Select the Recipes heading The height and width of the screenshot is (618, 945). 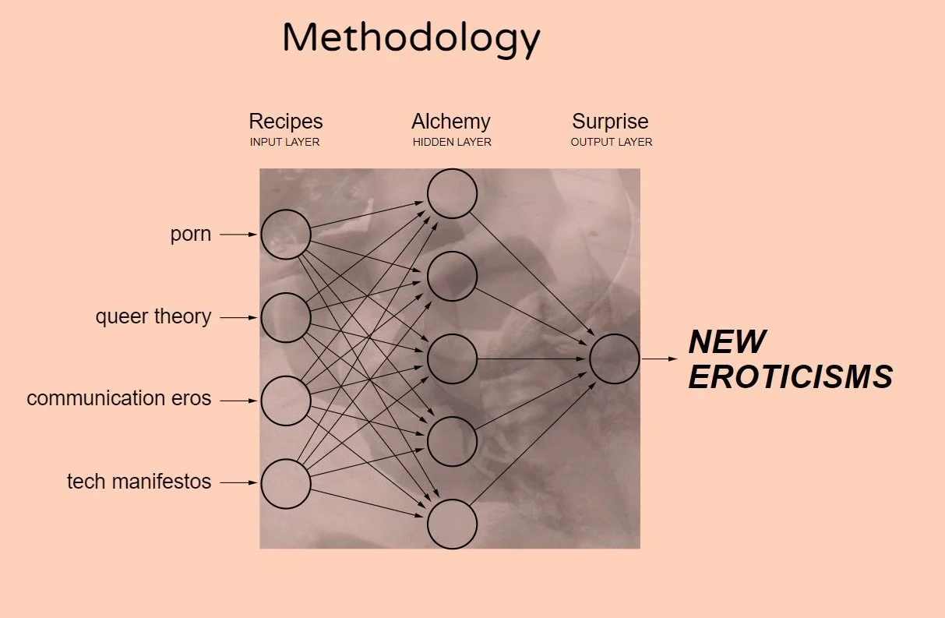pyautogui.click(x=285, y=122)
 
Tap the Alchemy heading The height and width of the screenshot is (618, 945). pyautogui.click(x=451, y=122)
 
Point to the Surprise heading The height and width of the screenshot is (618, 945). pyautogui.click(x=610, y=122)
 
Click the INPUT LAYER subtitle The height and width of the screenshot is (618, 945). pyautogui.click(x=285, y=143)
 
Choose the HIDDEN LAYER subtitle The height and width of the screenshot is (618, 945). pyautogui.click(x=452, y=143)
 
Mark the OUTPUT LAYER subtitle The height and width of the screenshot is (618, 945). pyautogui.click(x=612, y=143)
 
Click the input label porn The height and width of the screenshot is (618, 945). pyautogui.click(x=191, y=234)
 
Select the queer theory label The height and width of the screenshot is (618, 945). pyautogui.click(x=153, y=317)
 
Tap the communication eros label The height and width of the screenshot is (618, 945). pyautogui.click(x=119, y=399)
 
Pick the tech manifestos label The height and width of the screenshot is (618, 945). pyautogui.click(x=139, y=482)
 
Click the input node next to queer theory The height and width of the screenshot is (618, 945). pyautogui.click(x=286, y=317)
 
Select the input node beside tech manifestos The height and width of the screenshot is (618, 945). pyautogui.click(x=286, y=483)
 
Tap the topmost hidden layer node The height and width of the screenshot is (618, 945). pyautogui.click(x=452, y=193)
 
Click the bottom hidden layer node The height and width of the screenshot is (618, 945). pyautogui.click(x=452, y=524)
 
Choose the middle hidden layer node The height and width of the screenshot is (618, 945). pyautogui.click(x=452, y=358)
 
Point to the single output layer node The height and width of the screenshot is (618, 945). pyautogui.click(x=614, y=358)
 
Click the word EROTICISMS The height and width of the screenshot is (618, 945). pyautogui.click(x=790, y=378)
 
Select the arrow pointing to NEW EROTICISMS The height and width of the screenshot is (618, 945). pyautogui.click(x=661, y=358)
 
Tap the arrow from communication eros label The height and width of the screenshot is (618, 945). pyautogui.click(x=238, y=401)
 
